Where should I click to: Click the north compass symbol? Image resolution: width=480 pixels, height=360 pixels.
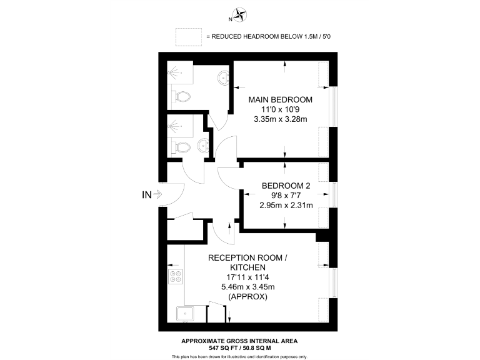[240, 13]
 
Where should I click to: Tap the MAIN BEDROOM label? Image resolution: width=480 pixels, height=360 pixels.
[280, 100]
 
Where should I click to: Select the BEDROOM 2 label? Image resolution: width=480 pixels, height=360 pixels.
[286, 186]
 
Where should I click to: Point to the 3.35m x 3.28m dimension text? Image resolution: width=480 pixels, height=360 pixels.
[280, 119]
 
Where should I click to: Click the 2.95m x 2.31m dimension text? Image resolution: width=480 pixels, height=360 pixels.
[286, 204]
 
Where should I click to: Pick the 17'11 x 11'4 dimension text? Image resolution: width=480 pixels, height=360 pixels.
[248, 277]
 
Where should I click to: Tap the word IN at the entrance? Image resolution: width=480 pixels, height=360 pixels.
[146, 195]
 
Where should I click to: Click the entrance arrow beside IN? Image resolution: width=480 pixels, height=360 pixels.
[159, 195]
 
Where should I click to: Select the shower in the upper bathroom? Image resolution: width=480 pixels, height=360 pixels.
[182, 74]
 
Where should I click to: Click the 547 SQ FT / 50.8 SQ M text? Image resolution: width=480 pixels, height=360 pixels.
[239, 347]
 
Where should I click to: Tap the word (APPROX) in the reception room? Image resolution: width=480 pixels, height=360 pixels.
[248, 297]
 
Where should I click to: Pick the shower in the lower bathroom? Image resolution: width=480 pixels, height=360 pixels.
[181, 127]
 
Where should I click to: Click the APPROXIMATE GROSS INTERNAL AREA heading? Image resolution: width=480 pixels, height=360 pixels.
[239, 341]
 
